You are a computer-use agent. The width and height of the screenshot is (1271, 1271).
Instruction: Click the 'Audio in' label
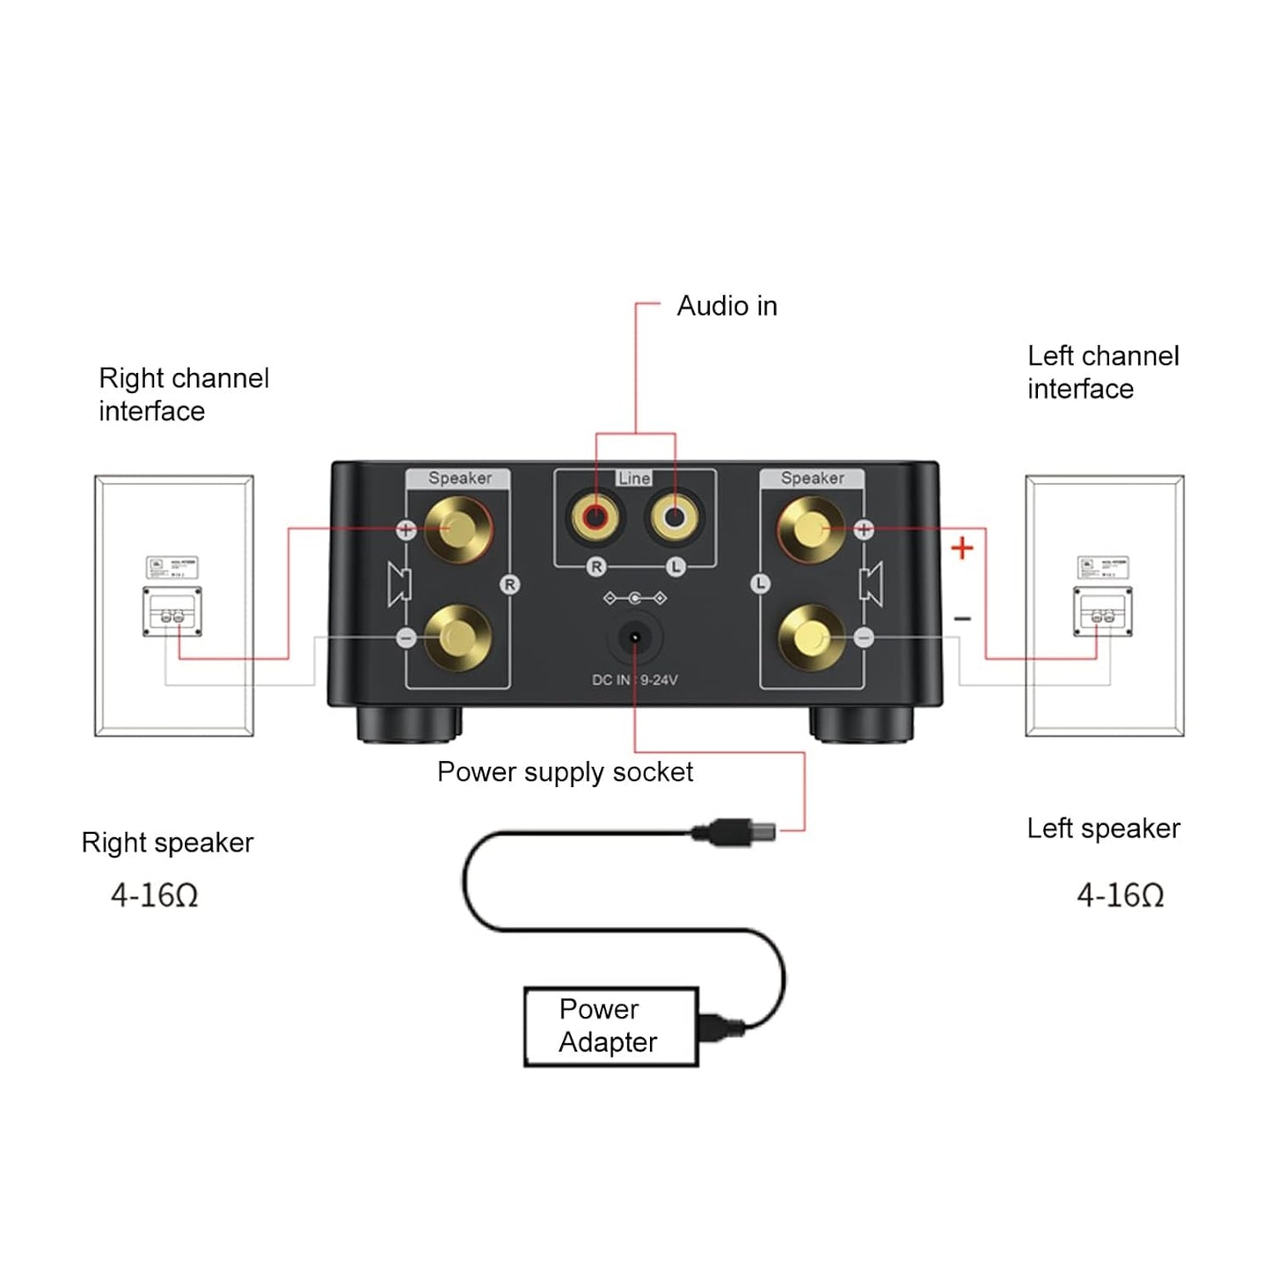(727, 306)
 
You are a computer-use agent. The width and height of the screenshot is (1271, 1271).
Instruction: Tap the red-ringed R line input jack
(595, 517)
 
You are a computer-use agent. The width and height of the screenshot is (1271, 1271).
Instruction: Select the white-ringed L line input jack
(674, 517)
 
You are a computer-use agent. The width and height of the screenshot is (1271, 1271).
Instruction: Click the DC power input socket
(634, 637)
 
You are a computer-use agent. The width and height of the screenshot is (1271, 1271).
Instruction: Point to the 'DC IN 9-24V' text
(634, 680)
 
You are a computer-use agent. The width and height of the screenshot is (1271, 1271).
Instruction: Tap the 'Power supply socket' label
(565, 772)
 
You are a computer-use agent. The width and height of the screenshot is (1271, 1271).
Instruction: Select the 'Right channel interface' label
(183, 394)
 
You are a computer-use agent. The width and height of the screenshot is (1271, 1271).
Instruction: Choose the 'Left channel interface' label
(1102, 372)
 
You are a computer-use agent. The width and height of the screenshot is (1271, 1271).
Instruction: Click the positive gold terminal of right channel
(457, 529)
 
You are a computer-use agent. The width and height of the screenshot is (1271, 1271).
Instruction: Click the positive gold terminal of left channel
(811, 529)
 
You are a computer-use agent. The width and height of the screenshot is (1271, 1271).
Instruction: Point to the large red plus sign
(962, 548)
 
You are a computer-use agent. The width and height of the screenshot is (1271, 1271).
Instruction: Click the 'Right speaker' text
(167, 843)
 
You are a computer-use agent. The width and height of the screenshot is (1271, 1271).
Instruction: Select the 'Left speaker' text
(1103, 829)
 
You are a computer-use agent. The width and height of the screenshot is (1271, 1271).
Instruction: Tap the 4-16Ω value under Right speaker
(155, 895)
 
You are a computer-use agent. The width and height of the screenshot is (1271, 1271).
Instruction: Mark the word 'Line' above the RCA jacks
(634, 478)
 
